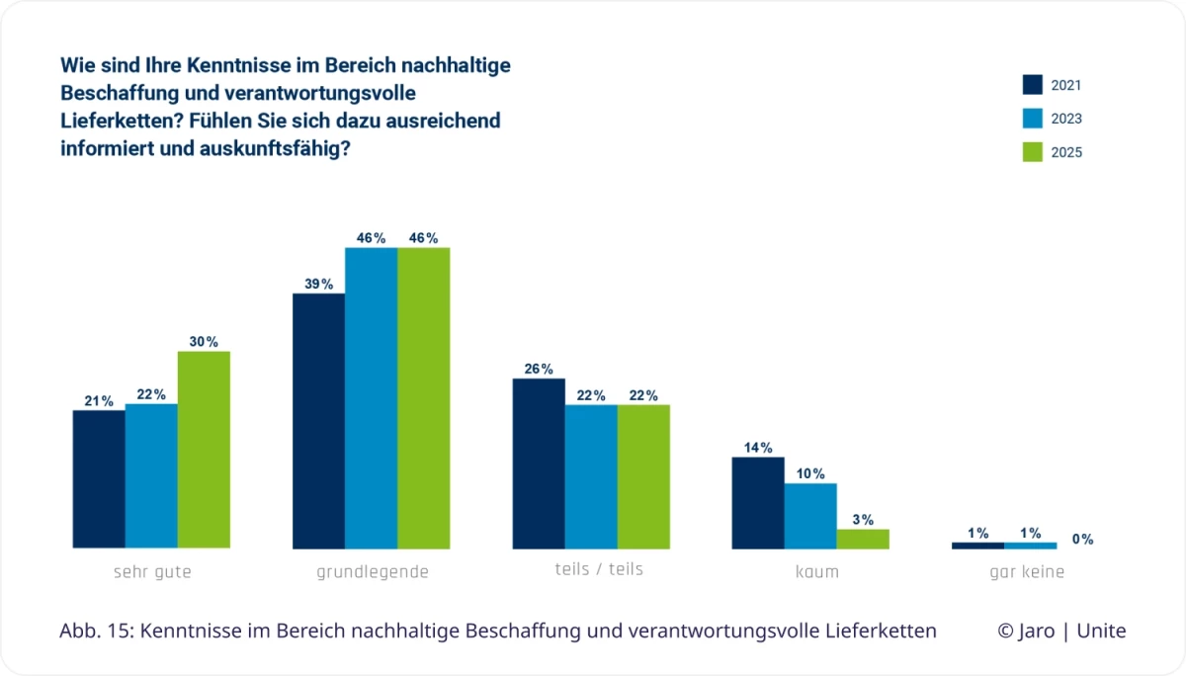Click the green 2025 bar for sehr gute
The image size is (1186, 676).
[x=204, y=450]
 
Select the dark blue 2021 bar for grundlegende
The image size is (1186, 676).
[x=318, y=421]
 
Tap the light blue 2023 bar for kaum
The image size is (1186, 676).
[x=810, y=516]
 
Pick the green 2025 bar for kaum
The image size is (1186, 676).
[x=863, y=539]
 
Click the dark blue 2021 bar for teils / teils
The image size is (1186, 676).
[x=539, y=464]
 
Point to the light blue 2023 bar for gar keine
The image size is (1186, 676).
[x=1030, y=546]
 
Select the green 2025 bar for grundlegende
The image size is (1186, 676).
[x=423, y=398]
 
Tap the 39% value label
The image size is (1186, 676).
[x=318, y=285]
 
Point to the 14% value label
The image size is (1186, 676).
[x=758, y=448]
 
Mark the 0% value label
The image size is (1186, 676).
[x=1082, y=540]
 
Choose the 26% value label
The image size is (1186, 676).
[x=539, y=370]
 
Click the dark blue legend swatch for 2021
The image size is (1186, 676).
[x=1033, y=85]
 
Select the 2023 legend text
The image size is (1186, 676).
[x=1066, y=119]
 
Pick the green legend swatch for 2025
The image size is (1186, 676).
[x=1033, y=152]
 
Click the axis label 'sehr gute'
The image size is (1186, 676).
[x=152, y=572]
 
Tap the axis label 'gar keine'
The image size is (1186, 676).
[x=1028, y=572]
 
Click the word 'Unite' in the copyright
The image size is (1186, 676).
[x=1101, y=632]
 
